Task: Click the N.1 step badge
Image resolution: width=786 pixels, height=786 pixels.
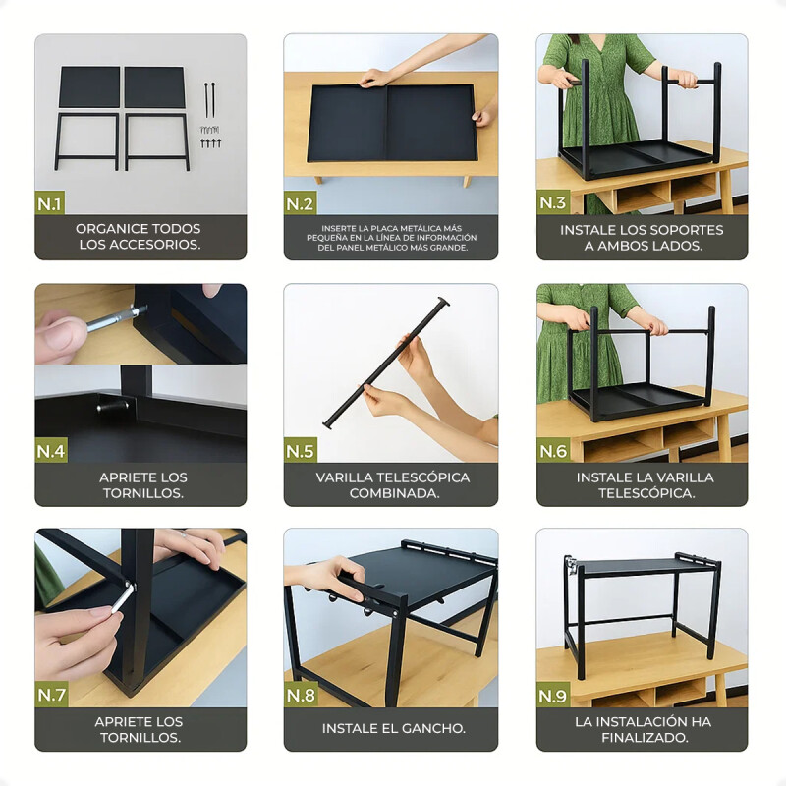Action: click(x=50, y=203)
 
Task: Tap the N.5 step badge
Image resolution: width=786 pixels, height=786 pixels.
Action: click(x=300, y=451)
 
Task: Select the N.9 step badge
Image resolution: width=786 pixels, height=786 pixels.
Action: click(x=552, y=696)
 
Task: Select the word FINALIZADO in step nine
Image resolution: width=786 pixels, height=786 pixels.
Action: click(x=646, y=738)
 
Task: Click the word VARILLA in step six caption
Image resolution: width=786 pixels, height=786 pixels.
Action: click(x=687, y=477)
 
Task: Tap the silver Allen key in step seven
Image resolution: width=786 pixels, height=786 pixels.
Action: click(x=122, y=597)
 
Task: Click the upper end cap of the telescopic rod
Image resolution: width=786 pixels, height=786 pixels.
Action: click(x=442, y=302)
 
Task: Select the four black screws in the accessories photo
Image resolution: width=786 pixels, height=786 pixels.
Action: click(x=210, y=143)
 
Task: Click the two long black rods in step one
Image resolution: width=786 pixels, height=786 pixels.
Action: click(x=209, y=99)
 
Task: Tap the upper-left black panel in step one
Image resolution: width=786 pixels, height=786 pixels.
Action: click(x=89, y=87)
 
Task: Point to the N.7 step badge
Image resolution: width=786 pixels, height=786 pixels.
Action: click(x=51, y=695)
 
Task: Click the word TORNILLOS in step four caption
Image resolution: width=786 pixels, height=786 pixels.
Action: click(x=143, y=493)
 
